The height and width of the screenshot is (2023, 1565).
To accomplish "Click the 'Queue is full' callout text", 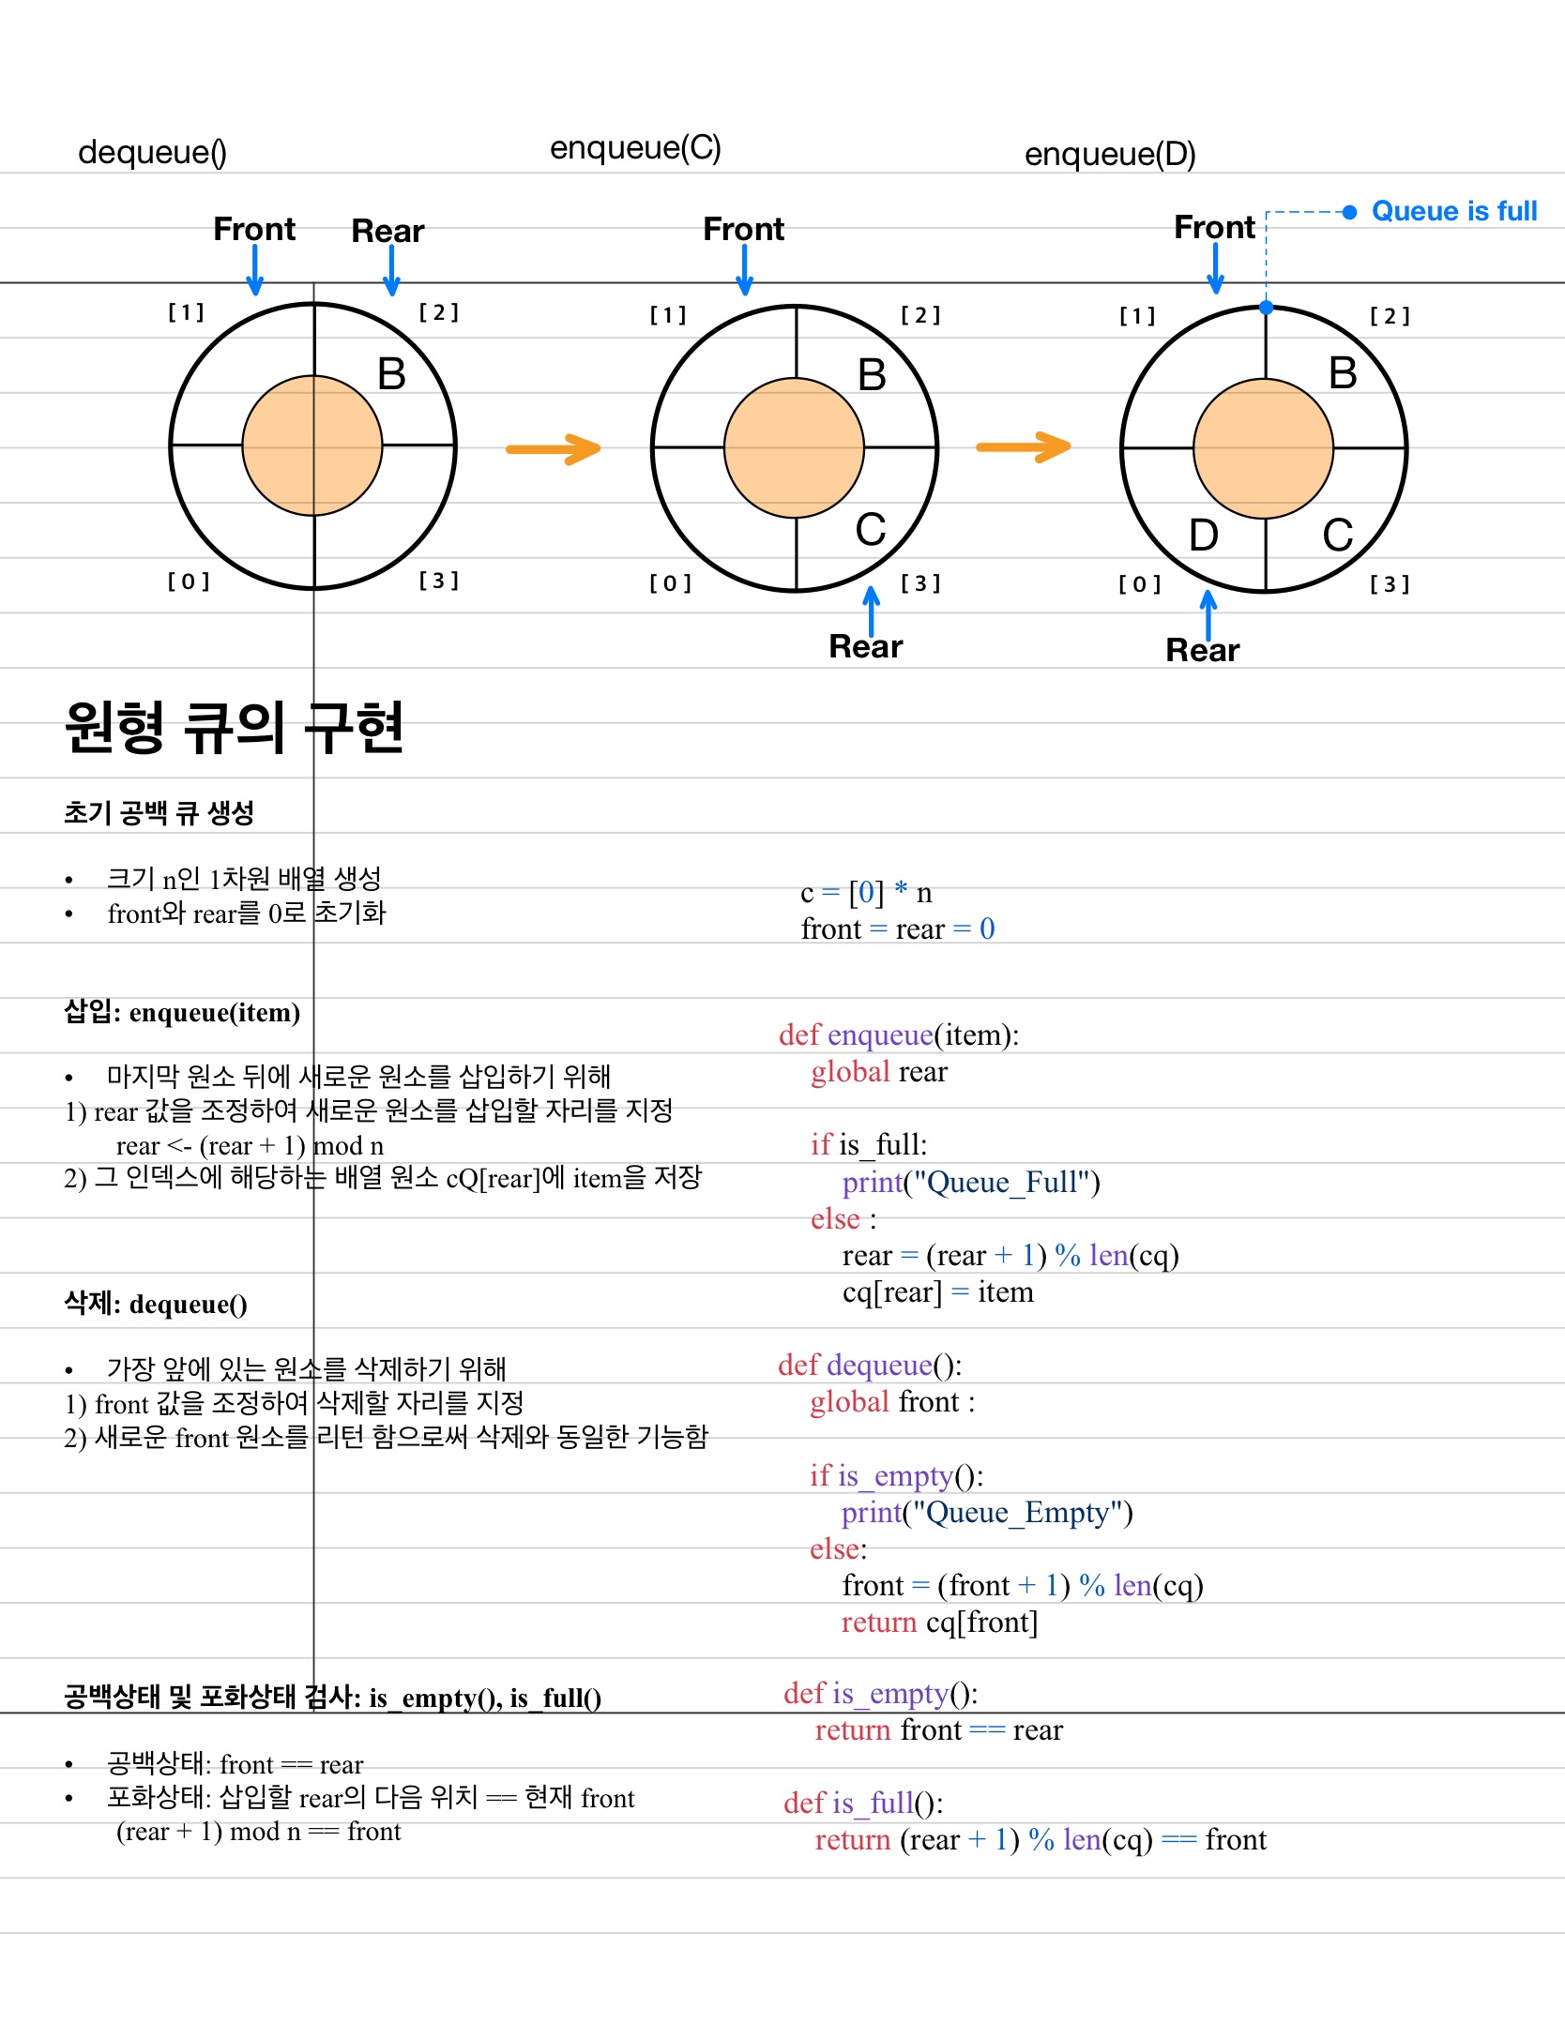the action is tap(1453, 211).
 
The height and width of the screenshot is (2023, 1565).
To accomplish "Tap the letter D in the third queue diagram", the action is tap(1203, 536).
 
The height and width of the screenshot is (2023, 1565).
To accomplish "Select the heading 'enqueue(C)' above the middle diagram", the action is tap(635, 148).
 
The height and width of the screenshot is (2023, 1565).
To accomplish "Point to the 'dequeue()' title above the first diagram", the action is tap(152, 152).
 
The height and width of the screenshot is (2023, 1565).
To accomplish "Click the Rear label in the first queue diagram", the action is tap(387, 231).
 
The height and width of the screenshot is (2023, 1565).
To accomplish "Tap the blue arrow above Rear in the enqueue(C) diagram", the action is tap(872, 610).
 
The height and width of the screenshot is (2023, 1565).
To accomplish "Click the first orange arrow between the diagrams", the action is tap(553, 448).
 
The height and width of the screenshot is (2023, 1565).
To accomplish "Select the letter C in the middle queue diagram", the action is tap(871, 530).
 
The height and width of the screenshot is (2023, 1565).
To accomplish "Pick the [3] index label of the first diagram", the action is tap(438, 581).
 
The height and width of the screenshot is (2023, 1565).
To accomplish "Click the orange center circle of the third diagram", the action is tap(1263, 448).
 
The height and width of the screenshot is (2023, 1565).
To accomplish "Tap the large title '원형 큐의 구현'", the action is tap(234, 728).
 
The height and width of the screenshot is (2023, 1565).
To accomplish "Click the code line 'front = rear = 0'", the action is tap(897, 928).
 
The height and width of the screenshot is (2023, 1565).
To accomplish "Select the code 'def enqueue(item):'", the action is tap(898, 1034).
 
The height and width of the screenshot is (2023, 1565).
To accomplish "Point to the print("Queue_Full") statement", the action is tap(970, 1182).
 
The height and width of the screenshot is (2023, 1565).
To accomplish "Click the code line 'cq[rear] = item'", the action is tap(937, 1291).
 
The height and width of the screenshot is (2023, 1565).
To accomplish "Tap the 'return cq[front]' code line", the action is tap(939, 1622).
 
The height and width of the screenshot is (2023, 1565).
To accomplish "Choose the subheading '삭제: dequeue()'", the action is tap(156, 1304).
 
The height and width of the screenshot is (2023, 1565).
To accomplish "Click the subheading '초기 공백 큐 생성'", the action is tap(159, 812).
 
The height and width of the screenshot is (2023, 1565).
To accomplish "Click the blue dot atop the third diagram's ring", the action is tap(1266, 308).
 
